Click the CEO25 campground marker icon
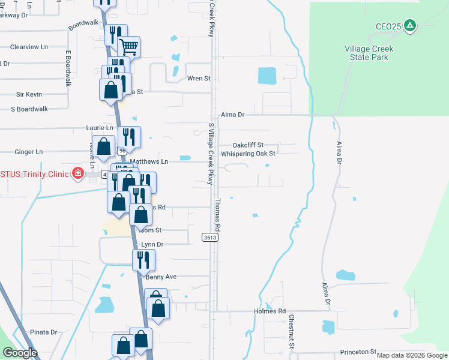pos(409,25)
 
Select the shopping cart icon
pos(128,46)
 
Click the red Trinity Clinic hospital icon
pos(77,174)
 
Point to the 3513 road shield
pos(209,238)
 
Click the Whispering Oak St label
pos(248,154)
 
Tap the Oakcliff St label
pos(248,145)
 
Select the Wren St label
pos(199,79)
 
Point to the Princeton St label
pos(357,352)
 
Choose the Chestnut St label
pos(291,331)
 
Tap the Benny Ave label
pos(161,277)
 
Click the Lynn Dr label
pos(152,245)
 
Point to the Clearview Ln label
pos(28,47)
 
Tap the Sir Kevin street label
pos(29,94)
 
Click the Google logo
pos(20,353)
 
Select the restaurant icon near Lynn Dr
pos(143,259)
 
